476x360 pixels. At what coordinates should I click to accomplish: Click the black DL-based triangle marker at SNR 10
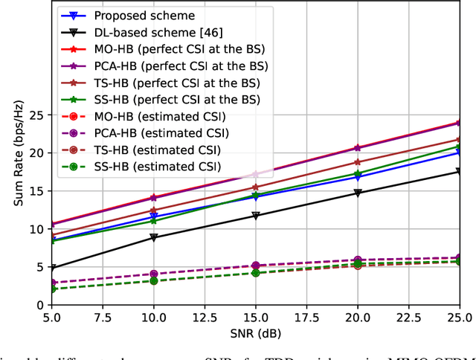point(154,237)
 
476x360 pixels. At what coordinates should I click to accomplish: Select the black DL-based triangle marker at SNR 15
point(256,216)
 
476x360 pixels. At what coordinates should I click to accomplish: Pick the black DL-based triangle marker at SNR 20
point(358,193)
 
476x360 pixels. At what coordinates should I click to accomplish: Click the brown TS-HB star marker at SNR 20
point(358,161)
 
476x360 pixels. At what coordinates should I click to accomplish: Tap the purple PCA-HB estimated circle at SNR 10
point(154,274)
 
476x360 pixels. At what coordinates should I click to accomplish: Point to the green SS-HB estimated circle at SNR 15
point(256,273)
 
